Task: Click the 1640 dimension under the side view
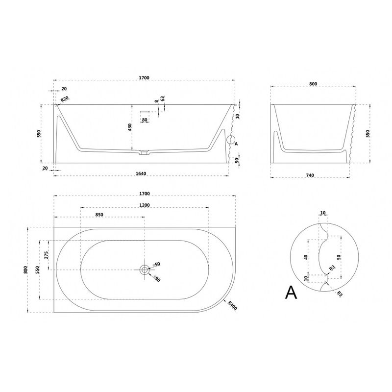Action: click(x=141, y=173)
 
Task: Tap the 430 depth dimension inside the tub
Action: click(x=130, y=127)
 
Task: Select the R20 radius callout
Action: click(x=65, y=99)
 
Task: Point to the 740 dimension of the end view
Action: click(x=310, y=175)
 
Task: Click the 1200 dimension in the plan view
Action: click(x=145, y=205)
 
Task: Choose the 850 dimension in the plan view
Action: click(x=99, y=215)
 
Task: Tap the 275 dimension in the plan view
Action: click(x=47, y=255)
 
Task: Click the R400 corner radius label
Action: click(x=232, y=305)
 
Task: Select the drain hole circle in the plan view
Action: click(x=145, y=269)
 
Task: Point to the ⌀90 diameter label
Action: click(x=157, y=278)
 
